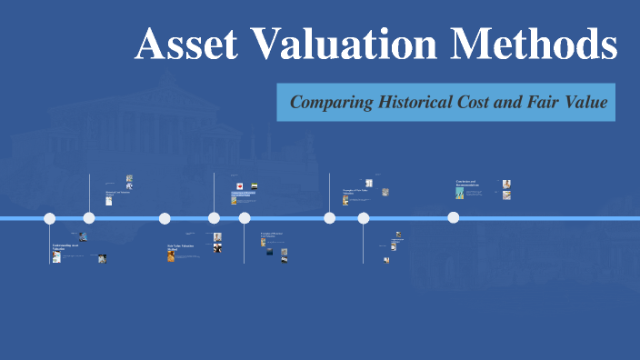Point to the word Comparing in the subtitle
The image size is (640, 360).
point(332,103)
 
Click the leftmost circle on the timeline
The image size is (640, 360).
point(50,218)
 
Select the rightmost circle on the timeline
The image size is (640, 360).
point(453,217)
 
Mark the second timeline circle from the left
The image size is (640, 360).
point(89,218)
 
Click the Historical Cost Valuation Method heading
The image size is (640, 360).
point(118,193)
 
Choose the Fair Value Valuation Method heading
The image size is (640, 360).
point(180,247)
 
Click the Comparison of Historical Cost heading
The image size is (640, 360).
point(243,193)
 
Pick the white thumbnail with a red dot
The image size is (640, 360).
point(239,185)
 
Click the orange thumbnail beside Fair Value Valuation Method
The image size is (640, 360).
point(171,256)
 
